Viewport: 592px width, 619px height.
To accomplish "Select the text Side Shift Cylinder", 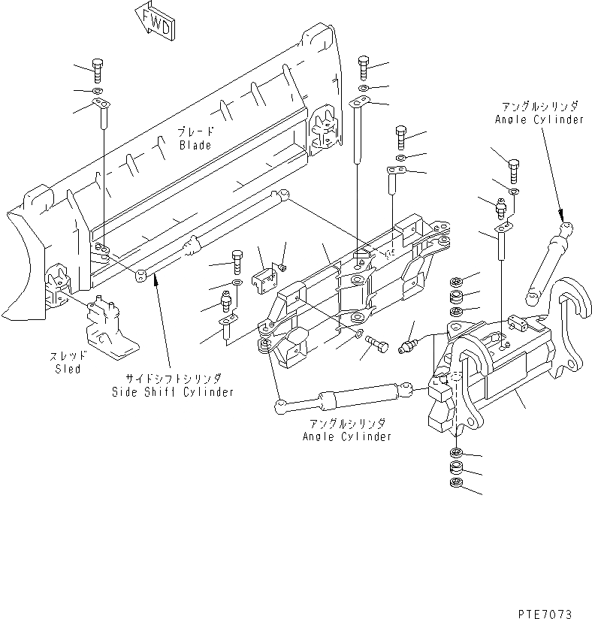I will coord(172,392).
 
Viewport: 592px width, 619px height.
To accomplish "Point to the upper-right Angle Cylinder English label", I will coord(539,119).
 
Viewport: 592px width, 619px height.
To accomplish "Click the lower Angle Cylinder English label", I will coord(346,436).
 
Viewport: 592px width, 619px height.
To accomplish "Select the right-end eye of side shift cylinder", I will coord(282,196).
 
